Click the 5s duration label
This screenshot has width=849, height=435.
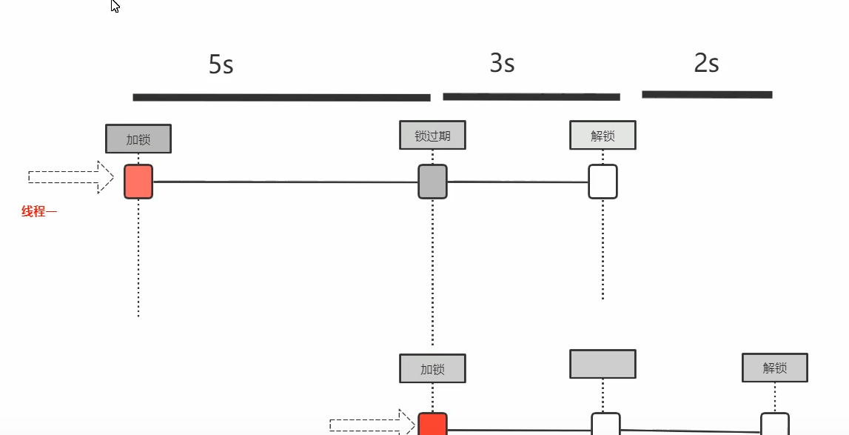[x=221, y=65]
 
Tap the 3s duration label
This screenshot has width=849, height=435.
[x=502, y=64]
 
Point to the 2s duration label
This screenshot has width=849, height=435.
[x=706, y=64]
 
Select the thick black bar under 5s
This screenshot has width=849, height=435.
[x=281, y=97]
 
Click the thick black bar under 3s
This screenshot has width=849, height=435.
[x=531, y=96]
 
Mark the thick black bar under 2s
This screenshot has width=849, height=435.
[x=707, y=95]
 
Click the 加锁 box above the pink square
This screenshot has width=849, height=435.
[x=138, y=139]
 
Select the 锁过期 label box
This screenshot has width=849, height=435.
[x=432, y=135]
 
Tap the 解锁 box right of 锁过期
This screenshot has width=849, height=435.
[x=603, y=135]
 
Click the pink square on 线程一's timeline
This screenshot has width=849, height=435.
[x=138, y=182]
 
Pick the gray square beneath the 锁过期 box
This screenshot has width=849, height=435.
[x=432, y=182]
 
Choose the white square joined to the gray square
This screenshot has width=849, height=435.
[x=603, y=182]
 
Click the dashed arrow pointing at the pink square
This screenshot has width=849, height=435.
[x=71, y=177]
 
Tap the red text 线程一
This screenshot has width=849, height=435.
[x=39, y=212]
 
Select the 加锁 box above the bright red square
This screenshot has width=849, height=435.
[x=432, y=368]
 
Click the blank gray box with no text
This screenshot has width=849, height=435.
[x=603, y=364]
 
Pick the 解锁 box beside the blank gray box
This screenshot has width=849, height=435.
[x=774, y=368]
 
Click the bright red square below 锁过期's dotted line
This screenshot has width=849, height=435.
[x=432, y=425]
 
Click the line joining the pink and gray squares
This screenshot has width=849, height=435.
[x=285, y=182]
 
